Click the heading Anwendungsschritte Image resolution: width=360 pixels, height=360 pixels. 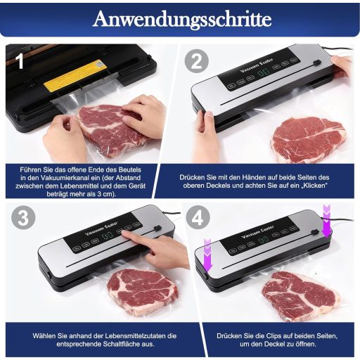point(182,19)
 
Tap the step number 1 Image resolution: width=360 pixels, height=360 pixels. point(20,60)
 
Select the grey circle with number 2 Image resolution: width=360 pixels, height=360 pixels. point(196,61)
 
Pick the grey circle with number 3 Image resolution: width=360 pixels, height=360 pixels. point(23,218)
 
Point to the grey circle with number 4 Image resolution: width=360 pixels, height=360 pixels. point(198,218)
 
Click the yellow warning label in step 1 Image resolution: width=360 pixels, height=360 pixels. point(75,75)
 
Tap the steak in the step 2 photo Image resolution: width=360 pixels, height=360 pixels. point(308,139)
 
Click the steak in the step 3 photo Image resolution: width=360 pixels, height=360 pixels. point(142,292)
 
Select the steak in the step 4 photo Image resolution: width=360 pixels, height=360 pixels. point(301,296)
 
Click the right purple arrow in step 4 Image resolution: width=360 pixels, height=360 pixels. point(326,220)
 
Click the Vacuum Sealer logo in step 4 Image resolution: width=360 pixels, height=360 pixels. point(257,232)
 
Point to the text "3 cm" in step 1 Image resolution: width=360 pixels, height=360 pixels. point(105,194)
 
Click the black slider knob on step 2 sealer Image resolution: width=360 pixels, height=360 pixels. point(317,63)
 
